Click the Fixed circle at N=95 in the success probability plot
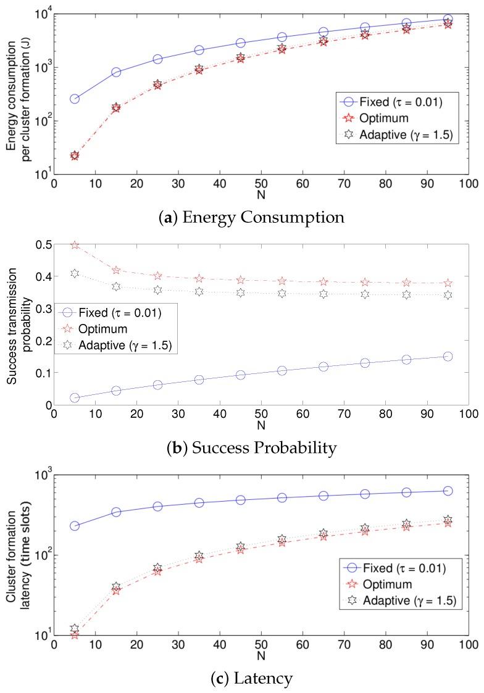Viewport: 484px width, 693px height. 448,357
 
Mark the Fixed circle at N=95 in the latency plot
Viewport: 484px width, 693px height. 448,491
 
